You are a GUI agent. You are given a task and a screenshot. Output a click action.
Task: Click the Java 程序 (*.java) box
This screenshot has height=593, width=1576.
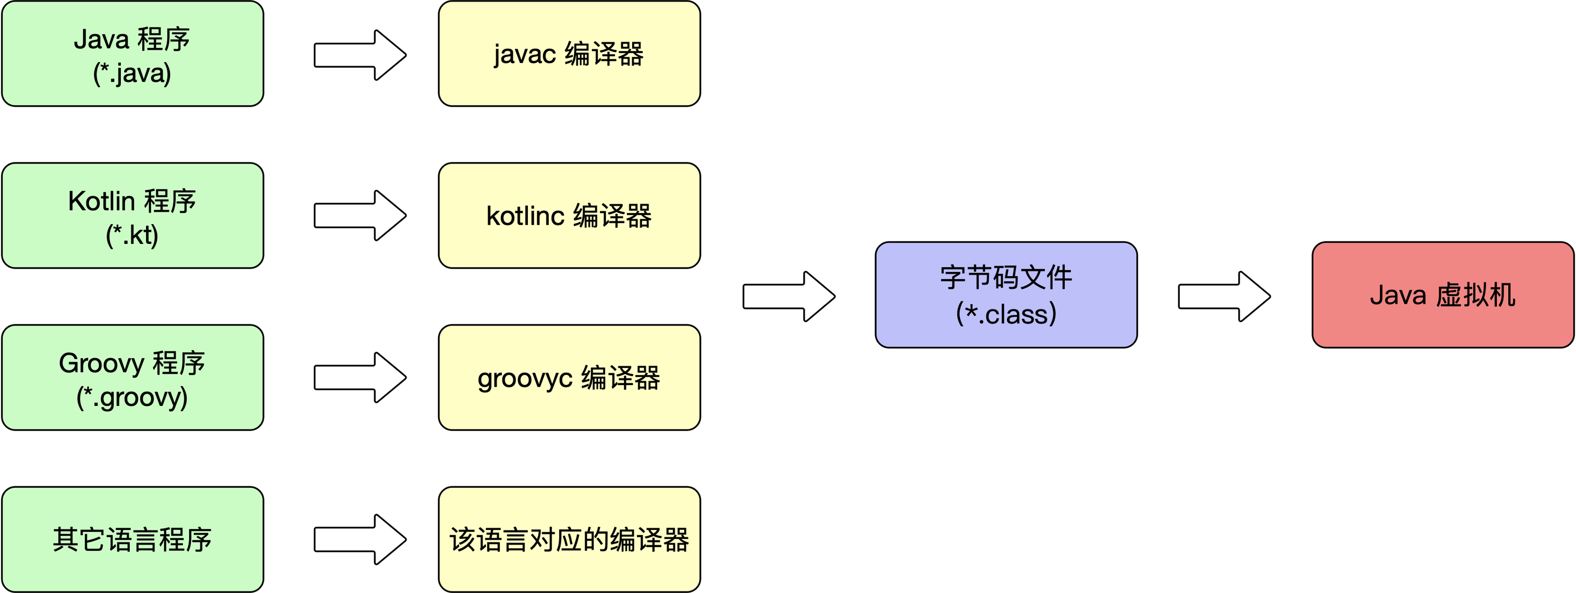coord(133,54)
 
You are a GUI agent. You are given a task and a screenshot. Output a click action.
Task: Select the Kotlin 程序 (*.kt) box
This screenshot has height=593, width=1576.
coord(133,215)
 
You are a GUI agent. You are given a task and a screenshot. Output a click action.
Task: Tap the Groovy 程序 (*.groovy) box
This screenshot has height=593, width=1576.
coord(133,378)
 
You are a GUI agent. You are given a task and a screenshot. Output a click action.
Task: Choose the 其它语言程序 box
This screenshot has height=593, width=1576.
coord(133,539)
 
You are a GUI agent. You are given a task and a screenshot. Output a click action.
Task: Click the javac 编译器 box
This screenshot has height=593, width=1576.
coord(569,54)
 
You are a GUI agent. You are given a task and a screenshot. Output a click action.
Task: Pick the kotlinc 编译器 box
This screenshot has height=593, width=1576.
coord(569,215)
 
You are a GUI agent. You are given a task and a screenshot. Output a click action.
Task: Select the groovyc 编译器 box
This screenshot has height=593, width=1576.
coord(569,378)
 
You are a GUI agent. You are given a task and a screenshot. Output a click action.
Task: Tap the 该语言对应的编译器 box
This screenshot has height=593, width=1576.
coord(569,539)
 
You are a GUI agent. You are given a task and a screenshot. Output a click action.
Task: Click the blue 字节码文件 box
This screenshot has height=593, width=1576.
coord(1006,295)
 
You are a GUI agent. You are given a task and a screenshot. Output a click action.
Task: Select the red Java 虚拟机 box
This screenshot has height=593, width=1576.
coord(1443,295)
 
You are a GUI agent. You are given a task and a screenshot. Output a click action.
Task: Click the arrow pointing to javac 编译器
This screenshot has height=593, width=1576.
coord(360,55)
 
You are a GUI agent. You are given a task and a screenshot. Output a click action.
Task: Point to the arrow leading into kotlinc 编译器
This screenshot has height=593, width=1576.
coord(360,215)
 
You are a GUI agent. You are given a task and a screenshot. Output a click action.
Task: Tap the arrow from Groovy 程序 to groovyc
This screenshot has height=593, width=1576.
coord(360,378)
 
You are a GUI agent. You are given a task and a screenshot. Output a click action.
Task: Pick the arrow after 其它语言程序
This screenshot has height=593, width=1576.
coord(360,539)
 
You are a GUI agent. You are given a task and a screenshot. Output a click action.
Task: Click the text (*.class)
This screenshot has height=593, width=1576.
coord(1006,314)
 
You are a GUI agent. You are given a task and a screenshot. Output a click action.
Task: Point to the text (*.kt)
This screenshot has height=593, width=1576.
coord(132,235)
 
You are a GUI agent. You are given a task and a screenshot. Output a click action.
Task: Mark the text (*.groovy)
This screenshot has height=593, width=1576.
coord(132,397)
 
